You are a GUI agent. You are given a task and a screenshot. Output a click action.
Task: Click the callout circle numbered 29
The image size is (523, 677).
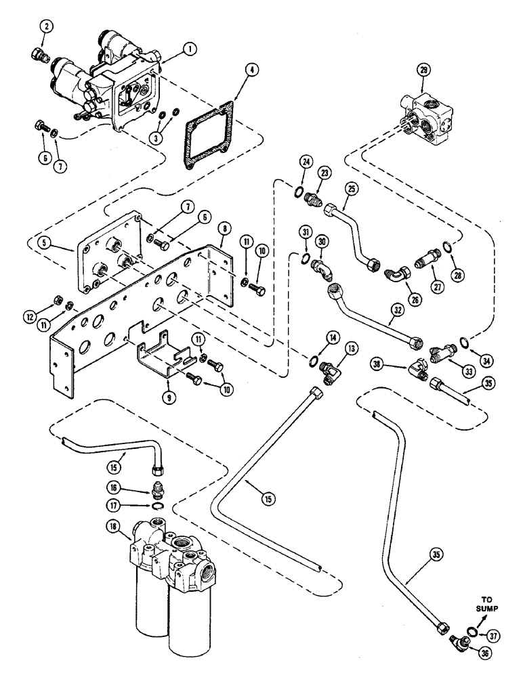point(424,86)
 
